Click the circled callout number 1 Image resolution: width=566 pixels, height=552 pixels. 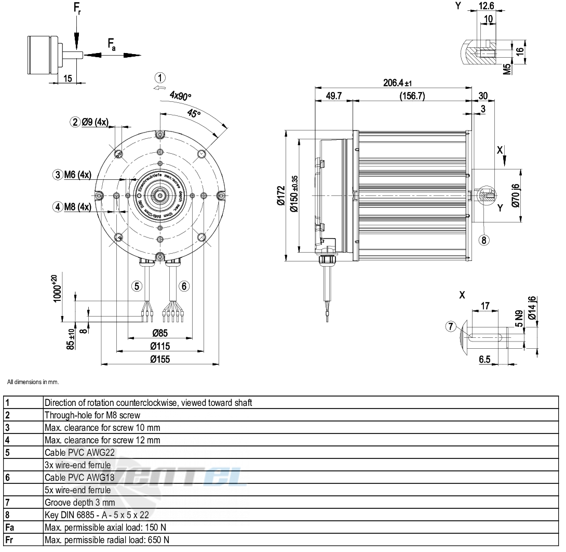point(161,78)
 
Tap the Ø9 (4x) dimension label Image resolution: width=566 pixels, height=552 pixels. point(95,122)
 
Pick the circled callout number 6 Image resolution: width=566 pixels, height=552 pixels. point(184,285)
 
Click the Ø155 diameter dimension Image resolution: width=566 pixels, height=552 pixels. point(160,359)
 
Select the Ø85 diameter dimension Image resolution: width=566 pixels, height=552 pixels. point(160,333)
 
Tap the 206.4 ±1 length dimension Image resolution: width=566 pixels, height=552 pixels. point(397,83)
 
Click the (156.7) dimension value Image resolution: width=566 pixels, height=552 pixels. point(412,96)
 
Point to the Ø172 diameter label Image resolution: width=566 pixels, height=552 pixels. point(281,196)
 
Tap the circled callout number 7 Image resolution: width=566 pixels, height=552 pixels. point(451,326)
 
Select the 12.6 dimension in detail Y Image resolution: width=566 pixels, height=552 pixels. point(486,6)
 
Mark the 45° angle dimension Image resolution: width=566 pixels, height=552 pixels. point(194,114)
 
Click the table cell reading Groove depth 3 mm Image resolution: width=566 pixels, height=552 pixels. point(80,502)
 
